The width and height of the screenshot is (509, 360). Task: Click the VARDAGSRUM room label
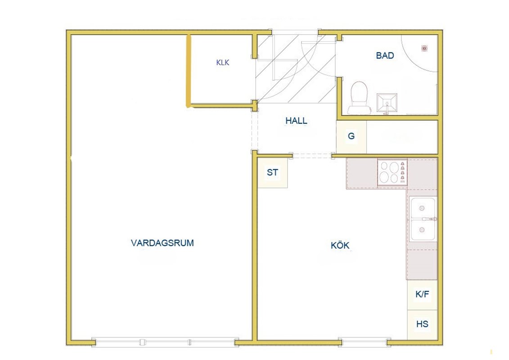[x=162, y=243]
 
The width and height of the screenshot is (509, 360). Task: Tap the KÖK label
[x=340, y=245]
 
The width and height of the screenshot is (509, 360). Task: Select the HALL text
[x=296, y=121]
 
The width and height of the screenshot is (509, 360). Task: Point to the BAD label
[x=385, y=55]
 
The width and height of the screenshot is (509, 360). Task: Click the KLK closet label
[x=223, y=63]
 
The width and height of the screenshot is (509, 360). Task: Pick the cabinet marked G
[x=351, y=136]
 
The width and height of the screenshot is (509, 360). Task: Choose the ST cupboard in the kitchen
[x=272, y=172]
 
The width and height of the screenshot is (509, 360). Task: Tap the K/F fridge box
[x=422, y=294]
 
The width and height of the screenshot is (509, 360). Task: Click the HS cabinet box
[x=422, y=324]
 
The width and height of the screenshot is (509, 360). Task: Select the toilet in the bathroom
[x=359, y=98]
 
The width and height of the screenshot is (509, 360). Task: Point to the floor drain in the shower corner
[x=424, y=48]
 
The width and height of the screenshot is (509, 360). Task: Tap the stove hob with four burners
[x=392, y=172]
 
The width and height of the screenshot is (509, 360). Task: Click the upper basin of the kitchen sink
[x=422, y=208]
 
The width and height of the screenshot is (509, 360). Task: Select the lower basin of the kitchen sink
[x=422, y=230]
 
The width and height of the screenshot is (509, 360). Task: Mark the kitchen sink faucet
[x=431, y=220]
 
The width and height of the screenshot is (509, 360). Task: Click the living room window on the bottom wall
[x=165, y=342]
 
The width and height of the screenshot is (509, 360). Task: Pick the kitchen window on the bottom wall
[x=364, y=342]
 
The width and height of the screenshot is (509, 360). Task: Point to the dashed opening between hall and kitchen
[x=312, y=156]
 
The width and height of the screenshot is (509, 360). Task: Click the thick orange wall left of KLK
[x=188, y=71]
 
